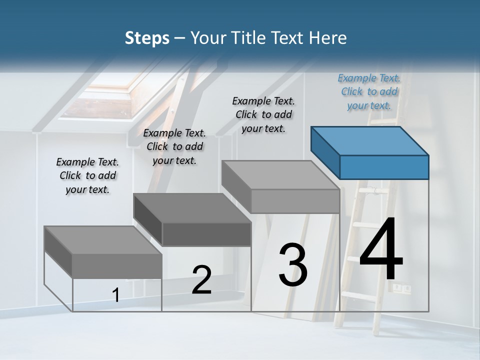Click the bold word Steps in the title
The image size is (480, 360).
[x=147, y=38]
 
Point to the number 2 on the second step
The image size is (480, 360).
[x=201, y=280]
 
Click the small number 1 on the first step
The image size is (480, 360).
[x=115, y=295]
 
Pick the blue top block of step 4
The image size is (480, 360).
[x=370, y=152]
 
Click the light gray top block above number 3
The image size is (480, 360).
[x=281, y=186]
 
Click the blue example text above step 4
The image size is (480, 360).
[x=369, y=91]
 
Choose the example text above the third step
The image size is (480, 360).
[x=263, y=114]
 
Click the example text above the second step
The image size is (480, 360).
[x=174, y=146]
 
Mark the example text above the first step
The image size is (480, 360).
[x=87, y=175]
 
